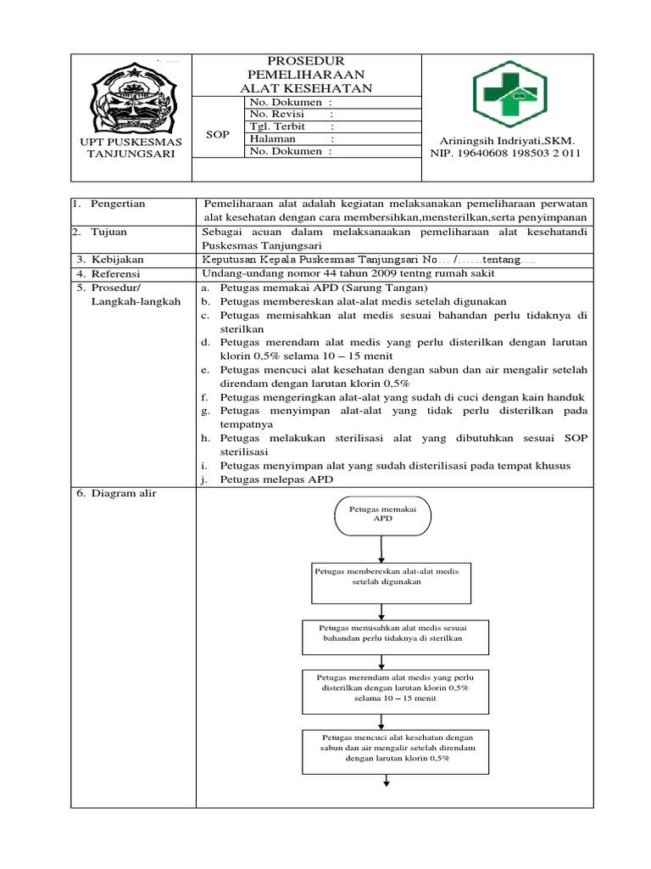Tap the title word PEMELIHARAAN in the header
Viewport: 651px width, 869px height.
[306, 75]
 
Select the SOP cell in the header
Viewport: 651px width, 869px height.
[218, 134]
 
